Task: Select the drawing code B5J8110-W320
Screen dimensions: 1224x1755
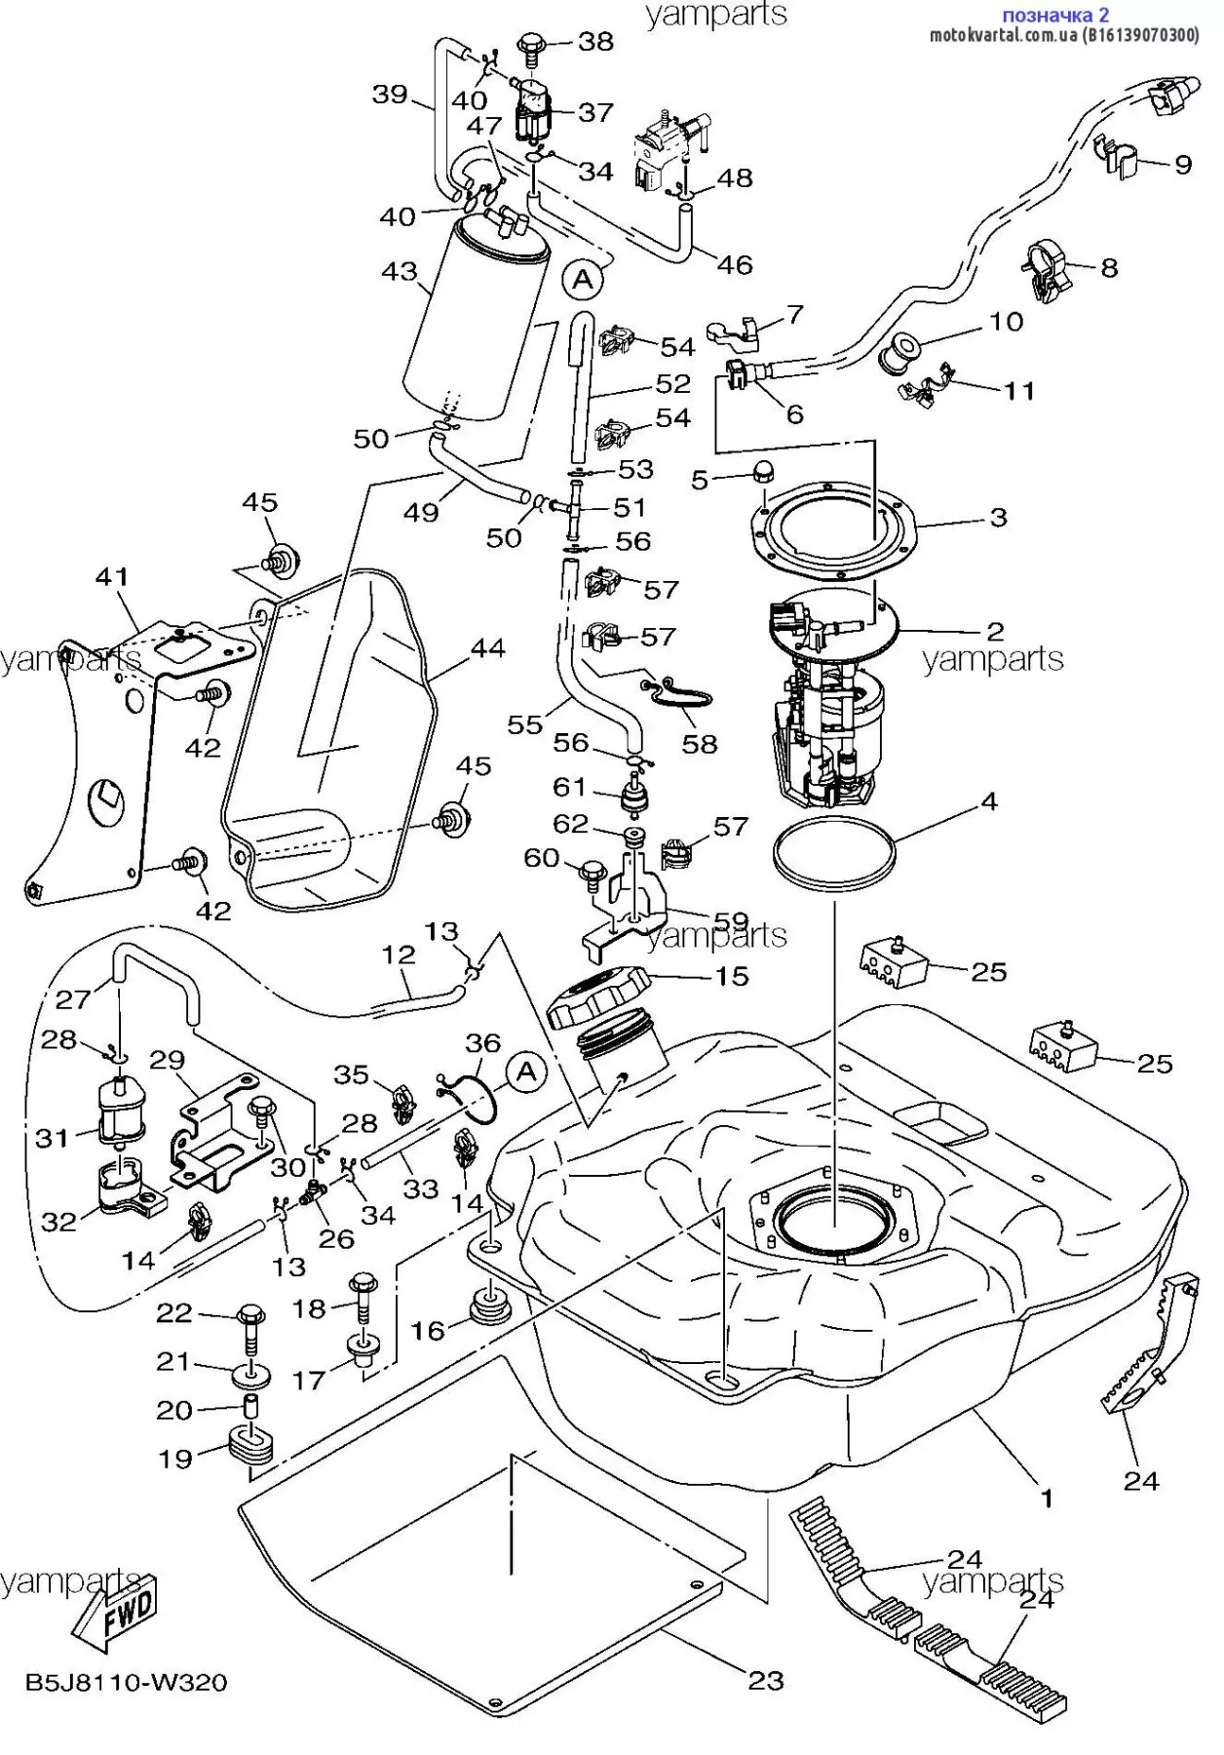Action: click(x=127, y=1683)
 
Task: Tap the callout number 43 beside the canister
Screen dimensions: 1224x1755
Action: click(x=400, y=271)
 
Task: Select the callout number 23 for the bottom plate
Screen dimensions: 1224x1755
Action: click(x=766, y=1680)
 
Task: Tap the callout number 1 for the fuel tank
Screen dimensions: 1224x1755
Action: click(x=1048, y=1499)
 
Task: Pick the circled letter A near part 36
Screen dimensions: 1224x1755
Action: click(x=527, y=1072)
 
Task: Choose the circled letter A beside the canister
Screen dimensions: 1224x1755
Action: click(x=583, y=280)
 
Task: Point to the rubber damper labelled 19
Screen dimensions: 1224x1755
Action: click(x=251, y=1447)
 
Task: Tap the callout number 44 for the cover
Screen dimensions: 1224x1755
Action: click(x=487, y=648)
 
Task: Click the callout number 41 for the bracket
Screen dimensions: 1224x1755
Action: click(x=112, y=577)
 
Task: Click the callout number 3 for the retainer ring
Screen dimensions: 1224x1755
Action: click(x=998, y=517)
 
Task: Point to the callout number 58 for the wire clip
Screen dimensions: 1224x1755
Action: click(x=700, y=744)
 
